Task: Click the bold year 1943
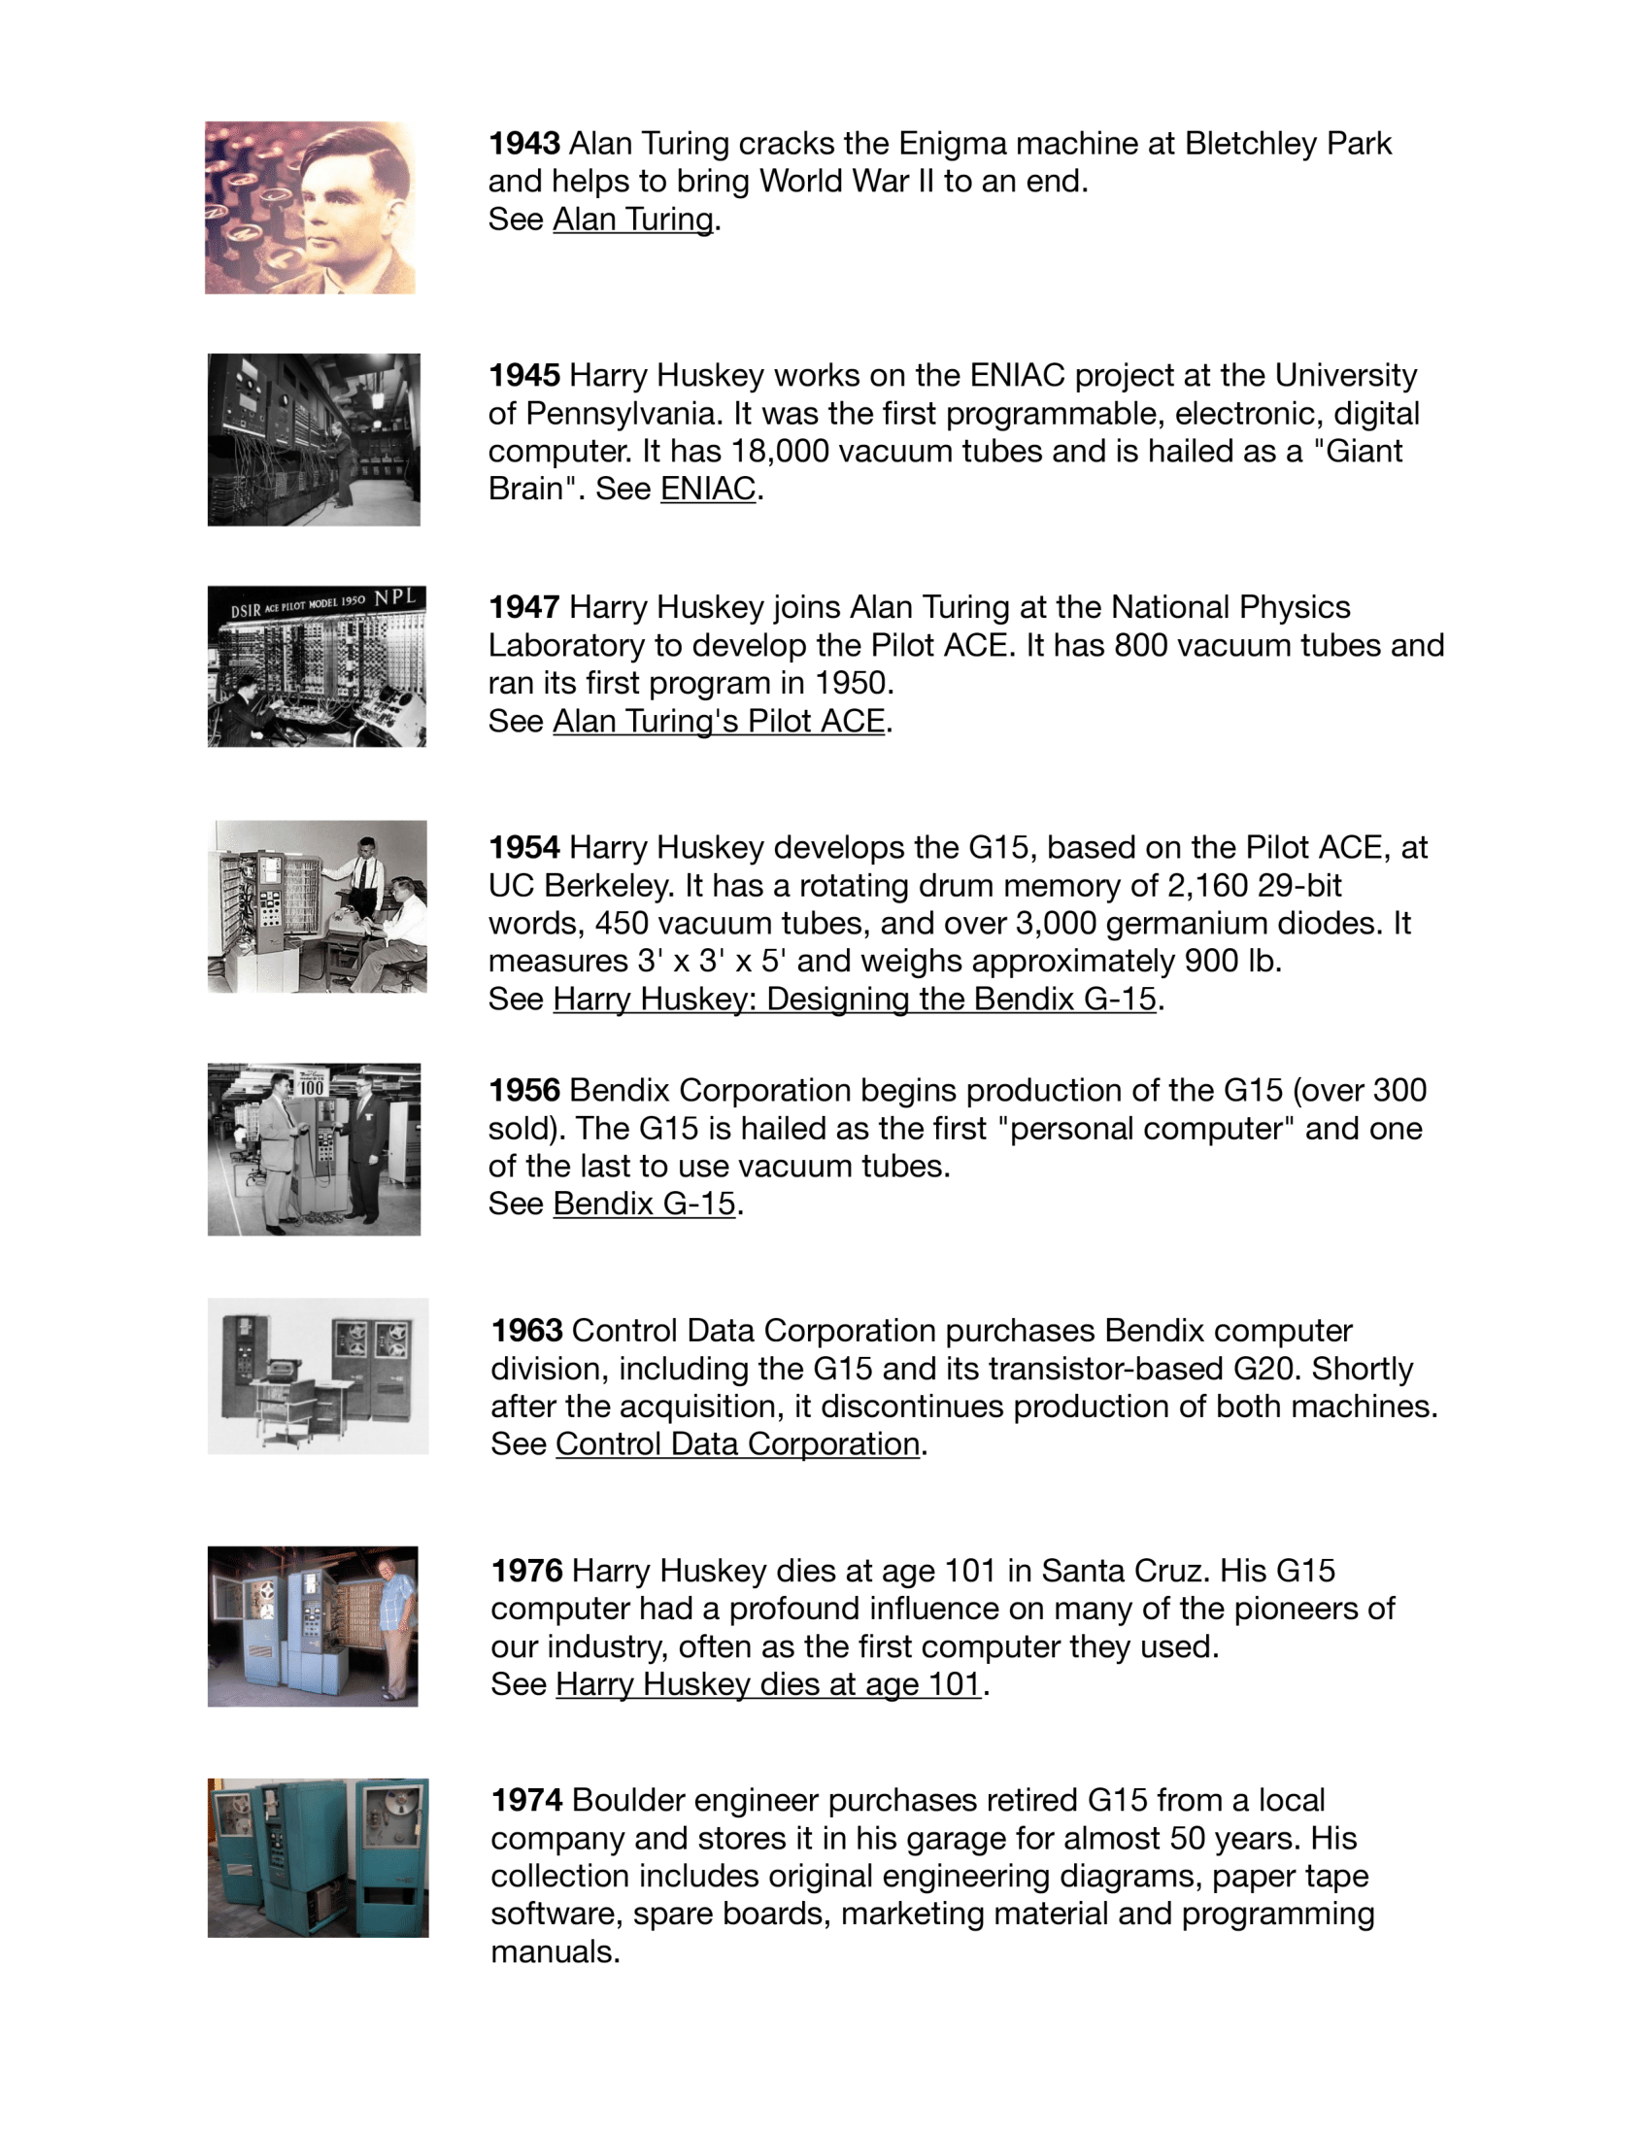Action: (x=524, y=144)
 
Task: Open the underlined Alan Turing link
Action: (x=633, y=220)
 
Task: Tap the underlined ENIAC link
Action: (x=708, y=489)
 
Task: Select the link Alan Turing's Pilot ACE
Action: (x=719, y=721)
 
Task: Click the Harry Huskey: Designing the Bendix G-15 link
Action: (x=854, y=999)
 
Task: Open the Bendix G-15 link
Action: (x=644, y=1204)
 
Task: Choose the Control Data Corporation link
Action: (x=737, y=1444)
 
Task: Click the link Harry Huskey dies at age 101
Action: (x=768, y=1684)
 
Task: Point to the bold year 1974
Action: (x=526, y=1800)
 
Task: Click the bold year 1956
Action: (x=524, y=1090)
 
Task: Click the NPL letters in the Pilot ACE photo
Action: (x=395, y=597)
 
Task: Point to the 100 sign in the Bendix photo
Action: (x=311, y=1087)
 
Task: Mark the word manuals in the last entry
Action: (x=555, y=1952)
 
